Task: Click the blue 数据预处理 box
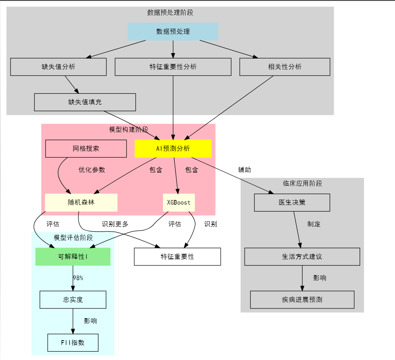click(173, 31)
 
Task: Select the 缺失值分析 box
click(58, 67)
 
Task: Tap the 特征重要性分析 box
click(173, 67)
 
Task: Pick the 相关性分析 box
click(285, 67)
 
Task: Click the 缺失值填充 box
click(85, 102)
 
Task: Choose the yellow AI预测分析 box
click(173, 148)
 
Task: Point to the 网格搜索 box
click(86, 148)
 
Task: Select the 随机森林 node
click(81, 202)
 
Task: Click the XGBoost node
click(179, 202)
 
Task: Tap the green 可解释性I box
click(73, 257)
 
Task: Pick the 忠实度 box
click(73, 300)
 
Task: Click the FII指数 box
click(73, 343)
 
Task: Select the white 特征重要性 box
click(177, 257)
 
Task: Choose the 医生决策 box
click(292, 202)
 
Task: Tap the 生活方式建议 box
click(302, 257)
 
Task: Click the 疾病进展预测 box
click(302, 300)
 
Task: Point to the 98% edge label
click(78, 278)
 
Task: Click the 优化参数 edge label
click(92, 170)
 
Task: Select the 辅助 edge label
click(244, 170)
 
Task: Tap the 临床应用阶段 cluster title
click(302, 183)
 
